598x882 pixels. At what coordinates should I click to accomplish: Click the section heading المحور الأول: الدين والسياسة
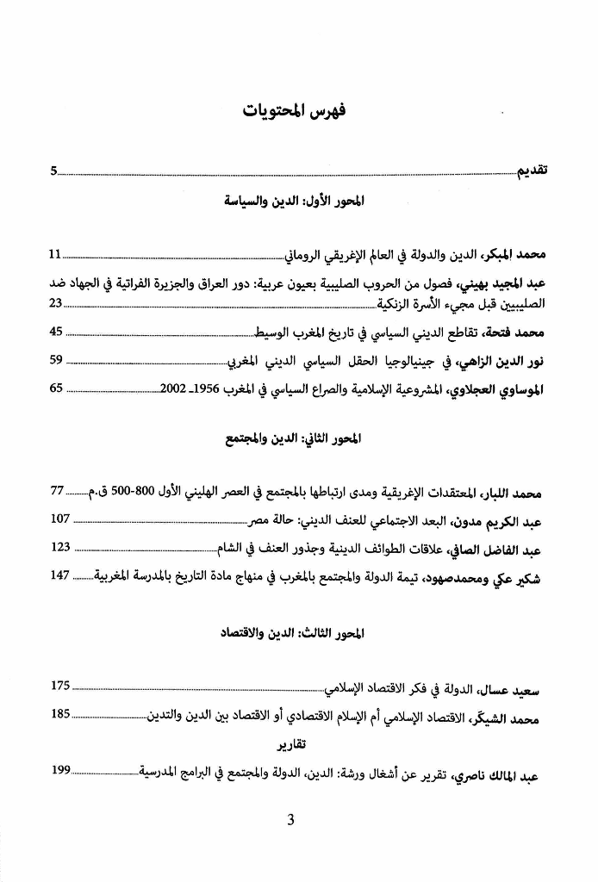click(x=295, y=204)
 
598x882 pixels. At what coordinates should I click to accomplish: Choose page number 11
click(x=56, y=254)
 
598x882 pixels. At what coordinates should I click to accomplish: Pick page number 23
click(x=56, y=303)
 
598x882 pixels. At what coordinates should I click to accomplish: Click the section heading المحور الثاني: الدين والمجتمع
click(x=295, y=439)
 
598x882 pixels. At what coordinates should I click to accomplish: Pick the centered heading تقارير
click(x=295, y=745)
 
